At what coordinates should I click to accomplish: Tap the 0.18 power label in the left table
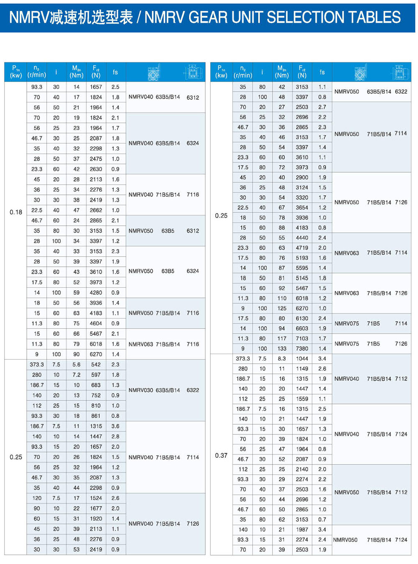[16, 212]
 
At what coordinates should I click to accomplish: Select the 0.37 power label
[221, 455]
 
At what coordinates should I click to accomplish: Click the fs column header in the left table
[115, 72]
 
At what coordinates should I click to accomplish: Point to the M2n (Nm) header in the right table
[282, 71]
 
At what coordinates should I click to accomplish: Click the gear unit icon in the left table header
[154, 72]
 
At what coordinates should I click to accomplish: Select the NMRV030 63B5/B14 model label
[154, 390]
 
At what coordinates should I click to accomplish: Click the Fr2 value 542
[96, 365]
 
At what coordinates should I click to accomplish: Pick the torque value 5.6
[76, 365]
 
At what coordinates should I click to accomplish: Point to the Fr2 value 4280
[96, 293]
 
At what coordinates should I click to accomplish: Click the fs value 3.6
[115, 426]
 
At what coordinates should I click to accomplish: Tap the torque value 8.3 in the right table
[282, 359]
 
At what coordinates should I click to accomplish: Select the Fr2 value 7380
[302, 348]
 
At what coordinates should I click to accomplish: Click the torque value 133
[282, 348]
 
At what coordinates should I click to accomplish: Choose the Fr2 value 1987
[302, 529]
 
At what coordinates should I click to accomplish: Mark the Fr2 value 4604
[96, 323]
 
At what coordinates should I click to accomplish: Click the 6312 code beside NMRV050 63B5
[193, 231]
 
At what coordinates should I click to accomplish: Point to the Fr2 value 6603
[302, 328]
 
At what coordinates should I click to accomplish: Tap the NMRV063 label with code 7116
[141, 344]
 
